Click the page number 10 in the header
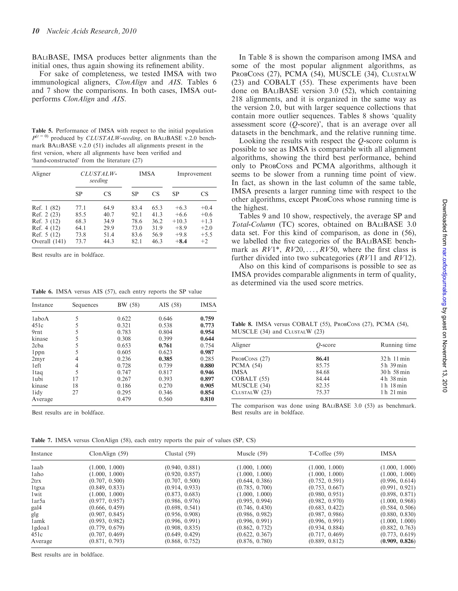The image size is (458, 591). [36, 31]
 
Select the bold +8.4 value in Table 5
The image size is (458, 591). [181, 241]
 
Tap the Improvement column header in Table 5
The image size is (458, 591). [194, 174]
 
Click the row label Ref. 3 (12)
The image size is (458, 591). [46, 221]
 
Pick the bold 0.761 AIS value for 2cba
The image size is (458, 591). [165, 346]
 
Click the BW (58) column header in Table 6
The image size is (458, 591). [128, 305]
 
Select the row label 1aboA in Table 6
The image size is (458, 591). [40, 319]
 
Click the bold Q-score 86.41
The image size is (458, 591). [322, 359]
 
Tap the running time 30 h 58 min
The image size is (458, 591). [395, 372]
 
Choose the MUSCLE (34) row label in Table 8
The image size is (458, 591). [251, 386]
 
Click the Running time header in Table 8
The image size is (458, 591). [398, 345]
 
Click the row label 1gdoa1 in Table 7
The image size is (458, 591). [40, 528]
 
